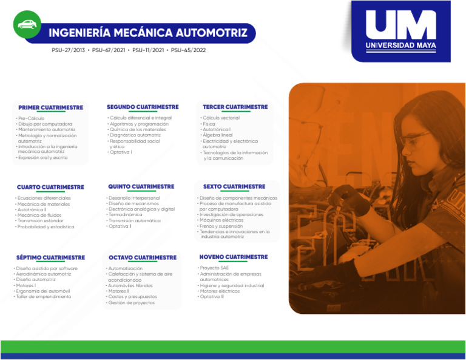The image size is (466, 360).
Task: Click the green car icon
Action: click(x=27, y=24)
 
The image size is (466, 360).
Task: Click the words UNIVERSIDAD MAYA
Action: click(x=401, y=46)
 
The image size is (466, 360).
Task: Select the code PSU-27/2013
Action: click(x=69, y=50)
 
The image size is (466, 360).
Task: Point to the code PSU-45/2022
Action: click(x=189, y=50)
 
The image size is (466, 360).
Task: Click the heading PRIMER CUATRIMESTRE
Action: click(x=51, y=107)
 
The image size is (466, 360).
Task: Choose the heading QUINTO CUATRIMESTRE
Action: click(x=141, y=186)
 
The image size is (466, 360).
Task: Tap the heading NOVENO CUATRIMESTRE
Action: click(x=233, y=257)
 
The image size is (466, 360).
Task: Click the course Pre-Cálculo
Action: click(x=32, y=118)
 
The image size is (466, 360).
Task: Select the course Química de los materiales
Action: click(x=138, y=129)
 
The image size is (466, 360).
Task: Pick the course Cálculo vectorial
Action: click(x=221, y=118)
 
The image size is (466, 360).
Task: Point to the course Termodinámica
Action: click(x=126, y=215)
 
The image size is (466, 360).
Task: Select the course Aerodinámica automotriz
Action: click(x=44, y=274)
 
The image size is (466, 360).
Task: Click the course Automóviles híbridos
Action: click(x=130, y=285)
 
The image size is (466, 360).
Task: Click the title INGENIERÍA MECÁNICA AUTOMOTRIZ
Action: click(x=148, y=33)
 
